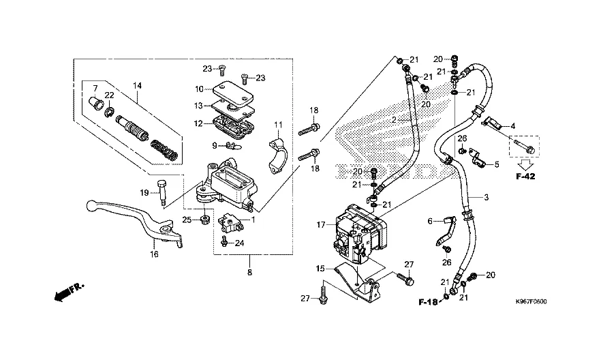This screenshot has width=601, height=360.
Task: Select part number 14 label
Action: point(137,86)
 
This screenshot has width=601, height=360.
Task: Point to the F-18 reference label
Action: point(427,301)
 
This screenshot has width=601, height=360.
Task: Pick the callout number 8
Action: point(249,273)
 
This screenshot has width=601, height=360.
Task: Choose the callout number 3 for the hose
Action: point(487,198)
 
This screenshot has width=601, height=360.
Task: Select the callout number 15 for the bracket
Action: point(320,269)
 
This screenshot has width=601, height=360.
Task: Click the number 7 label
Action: point(95,87)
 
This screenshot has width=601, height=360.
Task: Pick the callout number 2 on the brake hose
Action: point(393,120)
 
